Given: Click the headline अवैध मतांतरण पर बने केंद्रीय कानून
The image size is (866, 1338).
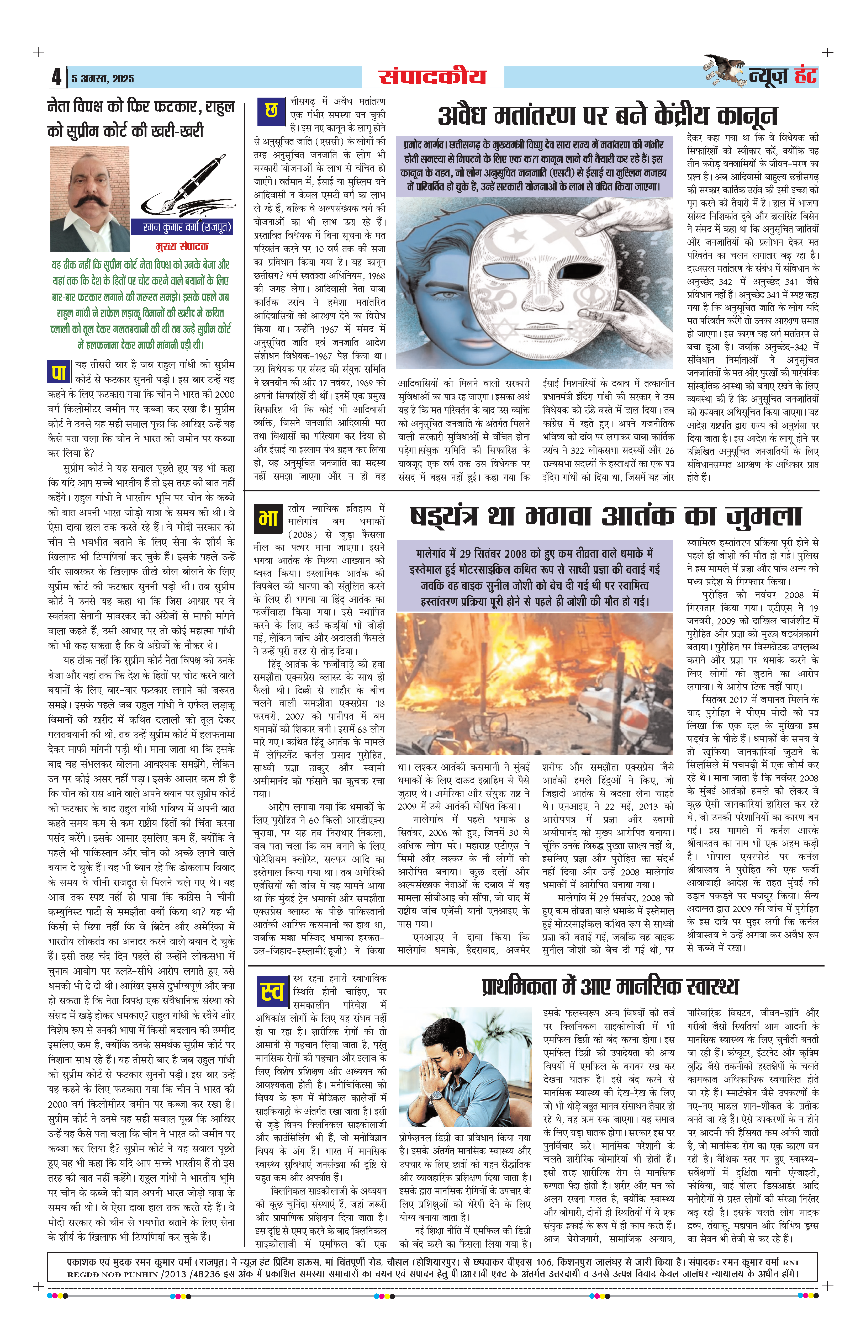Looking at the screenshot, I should click(x=607, y=116).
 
